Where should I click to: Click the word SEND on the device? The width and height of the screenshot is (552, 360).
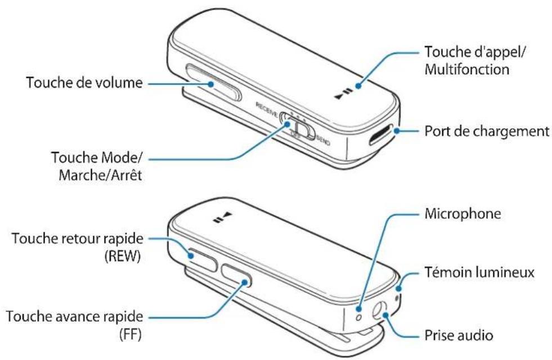(x=323, y=141)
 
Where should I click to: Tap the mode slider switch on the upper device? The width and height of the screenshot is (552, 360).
(x=296, y=125)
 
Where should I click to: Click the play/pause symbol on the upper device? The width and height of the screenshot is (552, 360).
(x=343, y=93)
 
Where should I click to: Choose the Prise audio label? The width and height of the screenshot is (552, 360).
(x=458, y=336)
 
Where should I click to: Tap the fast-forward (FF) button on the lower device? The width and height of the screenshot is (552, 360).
(x=236, y=277)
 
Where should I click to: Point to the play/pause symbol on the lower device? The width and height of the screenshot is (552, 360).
(x=223, y=216)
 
